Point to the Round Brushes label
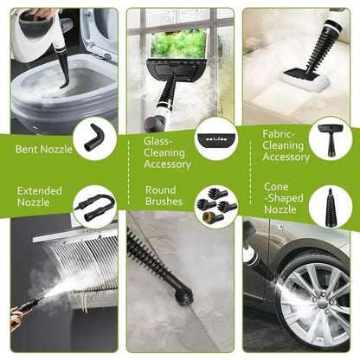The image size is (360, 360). [x=163, y=196]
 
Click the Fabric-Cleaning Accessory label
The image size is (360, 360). [x=285, y=145]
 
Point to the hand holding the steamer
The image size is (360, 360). [x=16, y=317]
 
